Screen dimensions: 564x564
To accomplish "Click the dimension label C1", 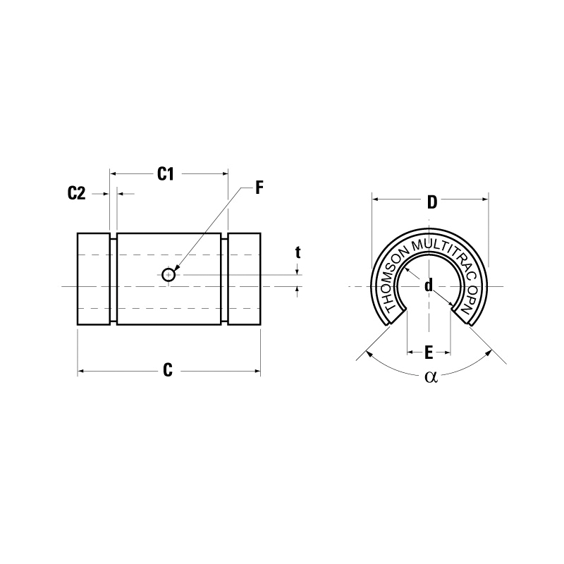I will point(165,173).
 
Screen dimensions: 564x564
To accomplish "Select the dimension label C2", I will point(76,193).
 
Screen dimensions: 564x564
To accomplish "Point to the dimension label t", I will point(298,252).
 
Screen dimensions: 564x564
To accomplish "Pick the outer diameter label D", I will point(431,202).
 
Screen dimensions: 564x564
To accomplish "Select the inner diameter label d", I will point(428,286).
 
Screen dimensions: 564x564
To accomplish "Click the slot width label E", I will point(429,350).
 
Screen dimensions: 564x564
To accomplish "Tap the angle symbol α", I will point(431,377).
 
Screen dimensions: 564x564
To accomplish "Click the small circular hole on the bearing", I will point(168,274).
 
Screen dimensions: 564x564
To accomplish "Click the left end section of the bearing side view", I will point(93,278).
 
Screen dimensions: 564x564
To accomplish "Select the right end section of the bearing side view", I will point(244,278).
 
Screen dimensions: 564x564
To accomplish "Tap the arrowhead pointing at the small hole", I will point(178,269).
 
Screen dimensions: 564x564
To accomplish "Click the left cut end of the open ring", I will point(396,316).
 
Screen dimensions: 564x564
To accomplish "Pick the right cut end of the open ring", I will point(462,316).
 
